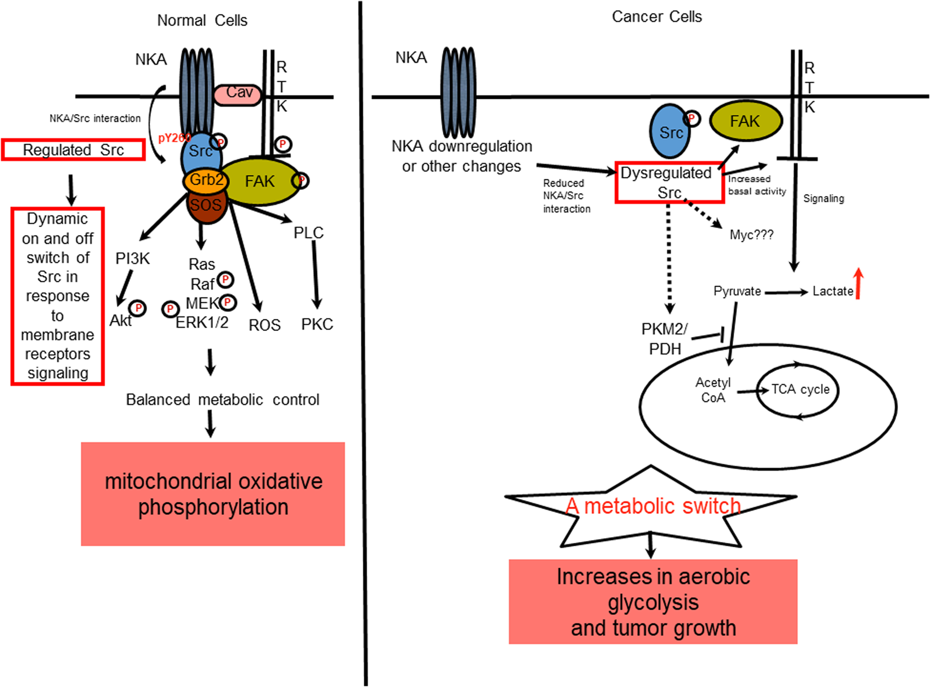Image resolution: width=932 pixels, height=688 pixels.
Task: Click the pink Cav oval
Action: tap(238, 94)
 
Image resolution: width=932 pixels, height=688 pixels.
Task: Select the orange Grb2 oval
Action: tap(206, 181)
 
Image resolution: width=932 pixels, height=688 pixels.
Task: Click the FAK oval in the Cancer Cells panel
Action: tap(745, 121)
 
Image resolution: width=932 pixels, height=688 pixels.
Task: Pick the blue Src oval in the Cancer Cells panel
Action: tap(670, 132)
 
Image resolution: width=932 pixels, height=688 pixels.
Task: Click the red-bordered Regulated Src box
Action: tap(73, 150)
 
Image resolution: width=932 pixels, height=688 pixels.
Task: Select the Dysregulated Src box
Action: tap(669, 182)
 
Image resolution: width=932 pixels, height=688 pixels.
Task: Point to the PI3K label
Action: tap(133, 259)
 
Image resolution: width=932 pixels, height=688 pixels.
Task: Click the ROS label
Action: tap(264, 325)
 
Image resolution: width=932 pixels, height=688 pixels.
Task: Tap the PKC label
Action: tap(317, 324)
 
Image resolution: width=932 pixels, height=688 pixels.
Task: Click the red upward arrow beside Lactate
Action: tap(859, 284)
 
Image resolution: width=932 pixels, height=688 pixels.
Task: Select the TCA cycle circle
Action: tap(798, 390)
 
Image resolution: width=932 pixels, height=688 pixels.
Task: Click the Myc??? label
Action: tap(751, 235)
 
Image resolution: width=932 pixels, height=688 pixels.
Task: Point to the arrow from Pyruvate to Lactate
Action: tap(786, 292)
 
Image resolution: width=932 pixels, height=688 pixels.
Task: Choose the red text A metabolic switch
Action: tap(653, 506)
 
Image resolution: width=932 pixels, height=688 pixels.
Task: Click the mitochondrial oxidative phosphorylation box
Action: tap(213, 494)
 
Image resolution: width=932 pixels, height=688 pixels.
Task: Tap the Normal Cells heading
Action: tap(202, 20)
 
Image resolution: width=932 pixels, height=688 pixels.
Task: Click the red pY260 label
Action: tap(172, 138)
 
